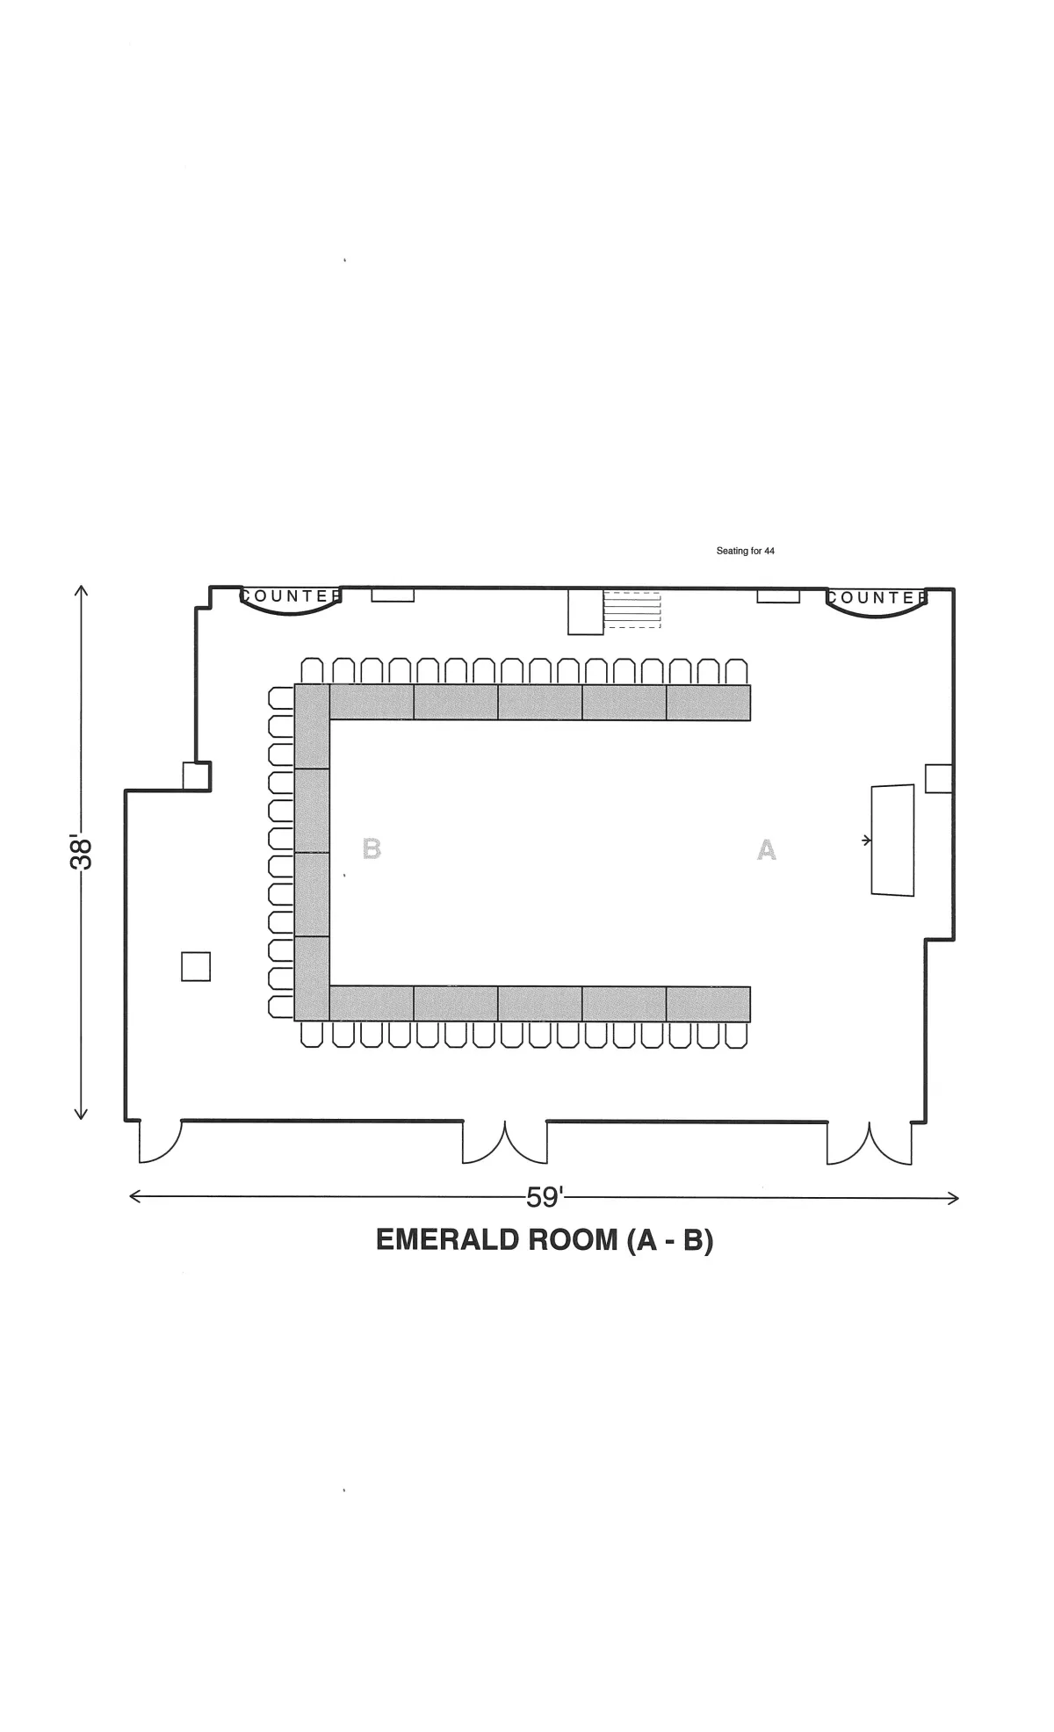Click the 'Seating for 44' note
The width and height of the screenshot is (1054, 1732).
(745, 552)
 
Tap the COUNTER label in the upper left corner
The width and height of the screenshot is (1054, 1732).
(291, 596)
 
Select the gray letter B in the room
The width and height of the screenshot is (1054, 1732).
(372, 849)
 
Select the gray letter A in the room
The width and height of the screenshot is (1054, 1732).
(767, 850)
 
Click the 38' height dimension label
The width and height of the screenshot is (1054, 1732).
(81, 852)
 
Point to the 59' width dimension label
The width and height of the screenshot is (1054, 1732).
(545, 1197)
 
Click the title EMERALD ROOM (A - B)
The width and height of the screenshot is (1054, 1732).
(545, 1239)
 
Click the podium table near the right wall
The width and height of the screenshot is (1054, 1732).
(892, 841)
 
